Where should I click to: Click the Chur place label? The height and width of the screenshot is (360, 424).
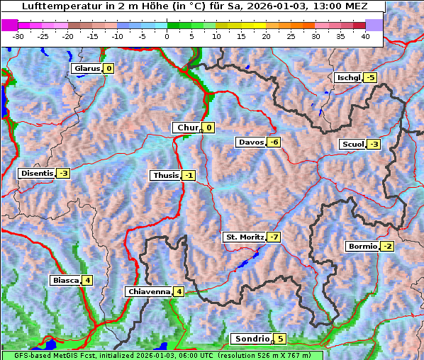pyautogui.click(x=187, y=128)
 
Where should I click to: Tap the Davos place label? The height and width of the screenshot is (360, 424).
pyautogui.click(x=250, y=142)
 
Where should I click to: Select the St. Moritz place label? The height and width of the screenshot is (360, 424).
pyautogui.click(x=244, y=237)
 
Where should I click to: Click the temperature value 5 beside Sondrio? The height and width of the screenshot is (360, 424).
pyautogui.click(x=280, y=339)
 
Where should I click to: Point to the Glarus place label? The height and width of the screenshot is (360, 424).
pyautogui.click(x=86, y=69)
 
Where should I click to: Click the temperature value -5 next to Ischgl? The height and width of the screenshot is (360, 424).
pyautogui.click(x=370, y=77)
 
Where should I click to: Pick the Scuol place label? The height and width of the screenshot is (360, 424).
pyautogui.click(x=352, y=145)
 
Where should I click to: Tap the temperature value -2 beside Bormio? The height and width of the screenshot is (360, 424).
pyautogui.click(x=386, y=247)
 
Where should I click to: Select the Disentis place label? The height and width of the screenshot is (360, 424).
pyautogui.click(x=37, y=173)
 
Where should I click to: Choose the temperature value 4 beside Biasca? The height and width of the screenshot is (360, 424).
pyautogui.click(x=87, y=280)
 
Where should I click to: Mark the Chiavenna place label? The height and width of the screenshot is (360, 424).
pyautogui.click(x=148, y=291)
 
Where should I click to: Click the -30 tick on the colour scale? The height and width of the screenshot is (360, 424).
pyautogui.click(x=18, y=36)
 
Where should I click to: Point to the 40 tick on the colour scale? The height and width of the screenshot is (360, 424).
pyautogui.click(x=365, y=36)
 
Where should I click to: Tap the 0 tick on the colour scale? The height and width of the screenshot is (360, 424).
pyautogui.click(x=167, y=36)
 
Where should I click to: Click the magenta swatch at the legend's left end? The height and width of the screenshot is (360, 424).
pyautogui.click(x=10, y=25)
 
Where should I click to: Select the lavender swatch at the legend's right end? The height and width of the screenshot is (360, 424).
pyautogui.click(x=374, y=25)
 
